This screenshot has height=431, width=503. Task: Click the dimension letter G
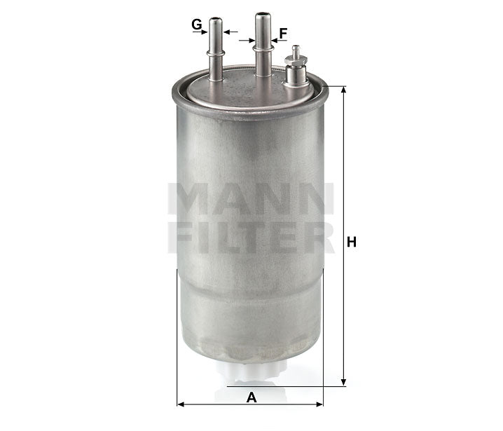pyautogui.click(x=197, y=26)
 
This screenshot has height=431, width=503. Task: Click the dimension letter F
pyautogui.click(x=283, y=33)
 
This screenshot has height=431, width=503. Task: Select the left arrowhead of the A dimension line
pyautogui.click(x=181, y=404)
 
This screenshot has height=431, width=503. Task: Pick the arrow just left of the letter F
pyautogui.click(x=247, y=41)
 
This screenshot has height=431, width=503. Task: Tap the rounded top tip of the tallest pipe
pyautogui.click(x=263, y=15)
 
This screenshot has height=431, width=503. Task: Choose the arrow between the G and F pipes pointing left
pyautogui.click(x=231, y=32)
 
